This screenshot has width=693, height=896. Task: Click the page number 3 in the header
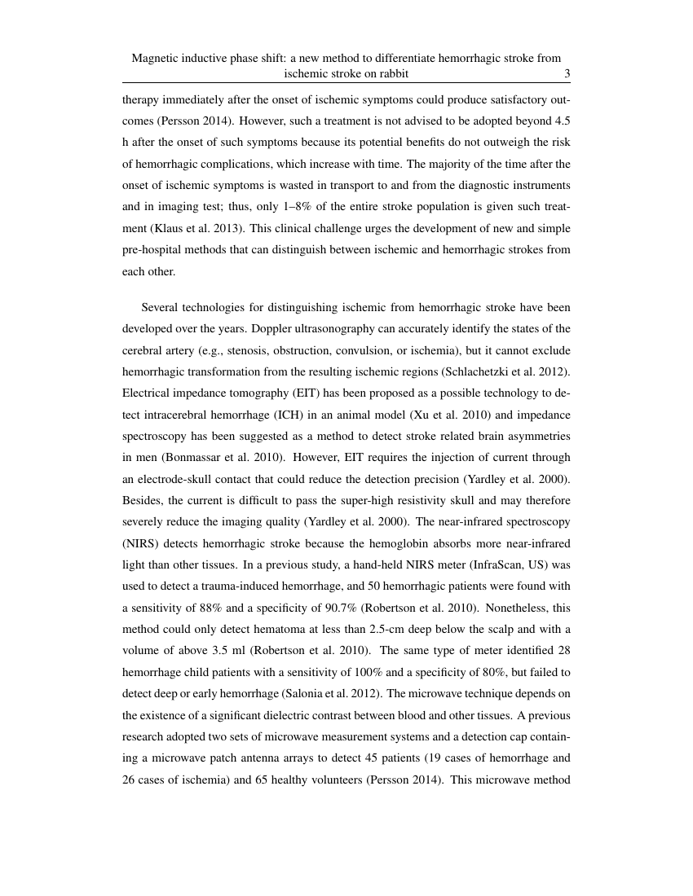pyautogui.click(x=567, y=73)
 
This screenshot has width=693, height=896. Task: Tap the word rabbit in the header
pyautogui.click(x=391, y=73)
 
